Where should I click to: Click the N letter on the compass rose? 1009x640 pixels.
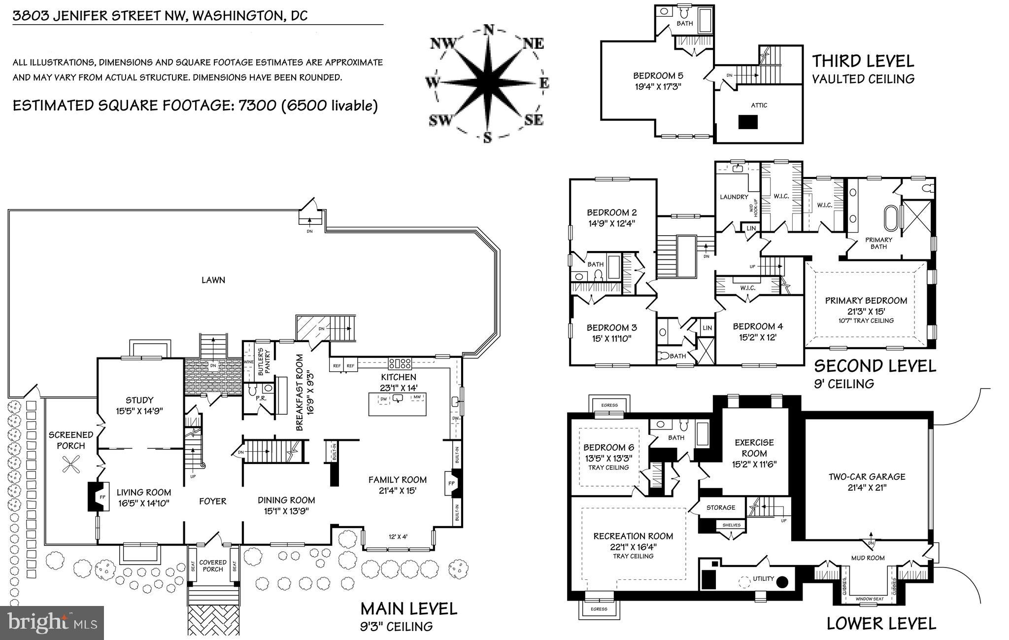tap(488, 30)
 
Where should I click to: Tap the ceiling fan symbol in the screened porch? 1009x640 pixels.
tap(71, 464)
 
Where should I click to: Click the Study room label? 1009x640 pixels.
tap(139, 400)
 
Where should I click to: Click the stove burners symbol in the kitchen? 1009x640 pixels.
tap(400, 364)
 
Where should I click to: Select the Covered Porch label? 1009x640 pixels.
tap(213, 566)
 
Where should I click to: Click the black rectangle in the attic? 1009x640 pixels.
tap(747, 122)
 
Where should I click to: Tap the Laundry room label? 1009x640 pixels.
tap(734, 197)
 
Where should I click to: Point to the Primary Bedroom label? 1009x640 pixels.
tap(866, 300)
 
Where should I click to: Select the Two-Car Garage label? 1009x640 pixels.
tap(867, 476)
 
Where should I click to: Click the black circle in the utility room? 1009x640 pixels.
tap(782, 582)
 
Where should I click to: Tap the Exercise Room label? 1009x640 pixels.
tap(754, 448)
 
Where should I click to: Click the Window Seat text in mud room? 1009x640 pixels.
tap(870, 599)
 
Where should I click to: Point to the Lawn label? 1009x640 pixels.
tap(213, 280)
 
